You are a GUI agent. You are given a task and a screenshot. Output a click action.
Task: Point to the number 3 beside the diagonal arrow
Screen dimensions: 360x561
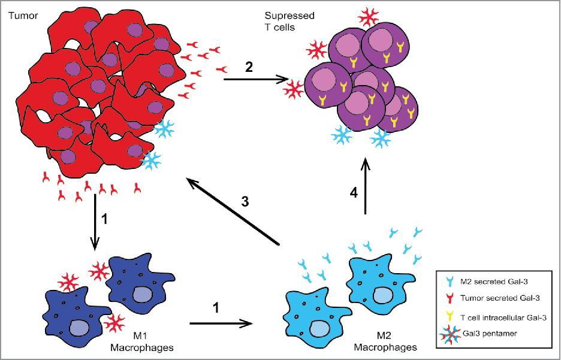tap(245, 201)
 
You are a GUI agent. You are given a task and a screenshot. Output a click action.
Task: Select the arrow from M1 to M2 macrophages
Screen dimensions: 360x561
tap(220, 323)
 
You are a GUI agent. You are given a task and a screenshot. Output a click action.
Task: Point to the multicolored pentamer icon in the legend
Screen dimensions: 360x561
tap(450, 333)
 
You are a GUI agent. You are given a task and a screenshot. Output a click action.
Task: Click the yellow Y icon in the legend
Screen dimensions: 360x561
tap(450, 316)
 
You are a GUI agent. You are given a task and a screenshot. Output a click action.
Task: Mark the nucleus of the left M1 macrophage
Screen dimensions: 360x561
tap(79, 327)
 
